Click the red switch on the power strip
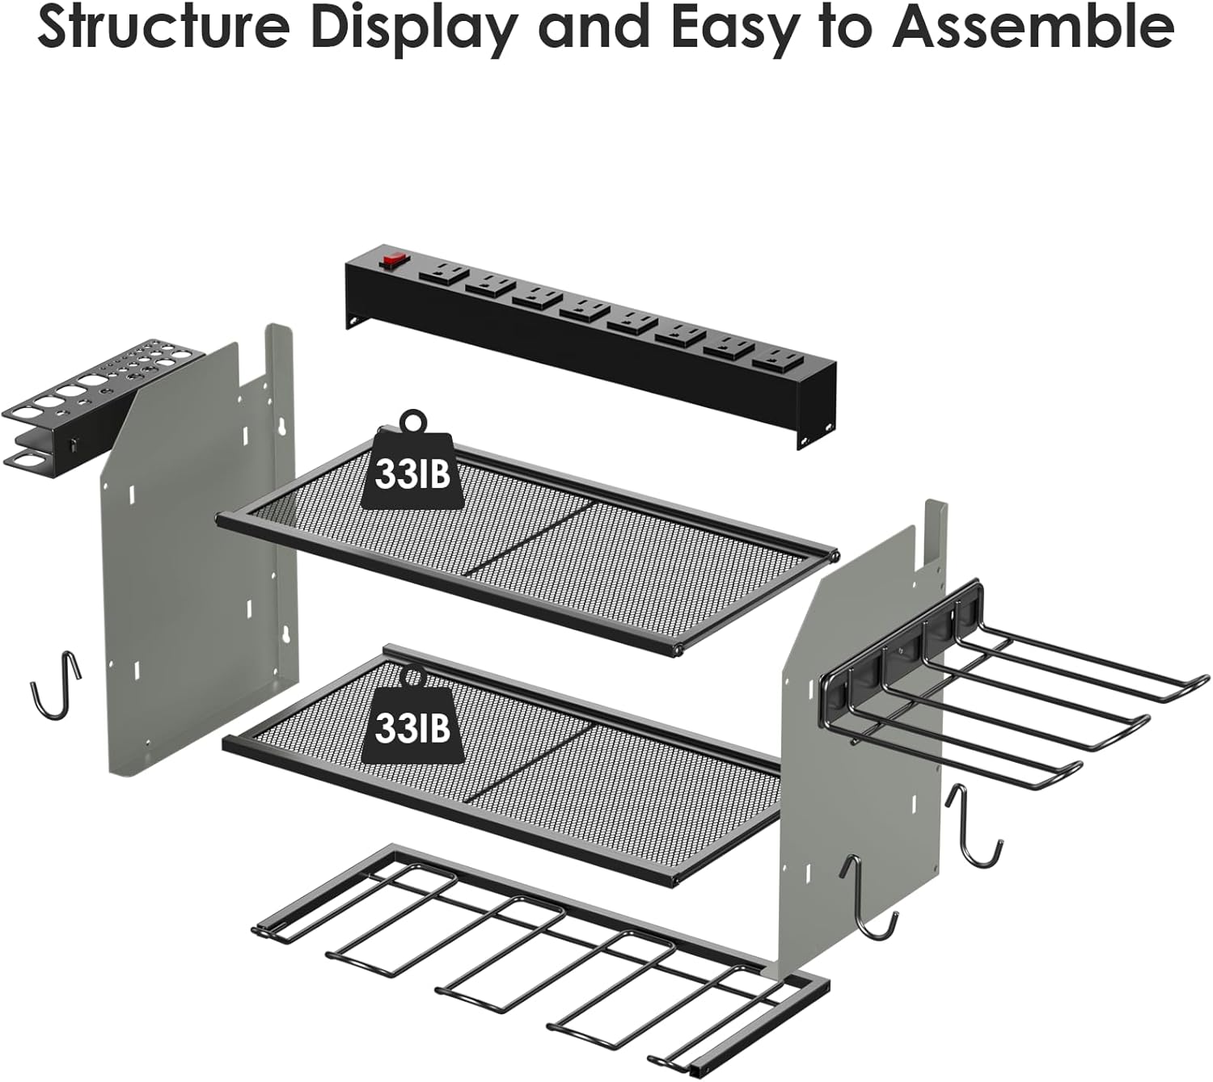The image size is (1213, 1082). [394, 262]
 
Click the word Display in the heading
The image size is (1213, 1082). [413, 30]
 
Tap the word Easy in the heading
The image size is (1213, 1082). [753, 30]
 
